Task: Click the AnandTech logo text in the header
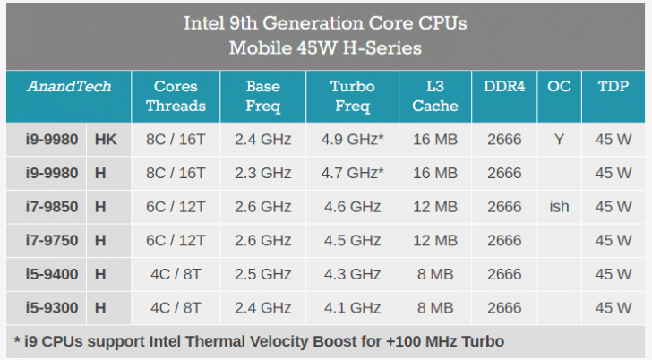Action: [x=69, y=87]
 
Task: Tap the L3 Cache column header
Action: [x=436, y=96]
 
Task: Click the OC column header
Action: [x=559, y=87]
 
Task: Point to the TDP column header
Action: [x=613, y=87]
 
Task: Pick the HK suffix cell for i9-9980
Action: [x=106, y=139]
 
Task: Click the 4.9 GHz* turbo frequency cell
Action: [x=352, y=139]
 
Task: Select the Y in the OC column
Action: [x=559, y=139]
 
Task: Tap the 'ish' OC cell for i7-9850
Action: [x=559, y=207]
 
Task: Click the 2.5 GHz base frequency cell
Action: [x=262, y=274]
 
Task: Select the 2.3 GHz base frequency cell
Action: [x=262, y=173]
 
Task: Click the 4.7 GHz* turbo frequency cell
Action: [x=352, y=173]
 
